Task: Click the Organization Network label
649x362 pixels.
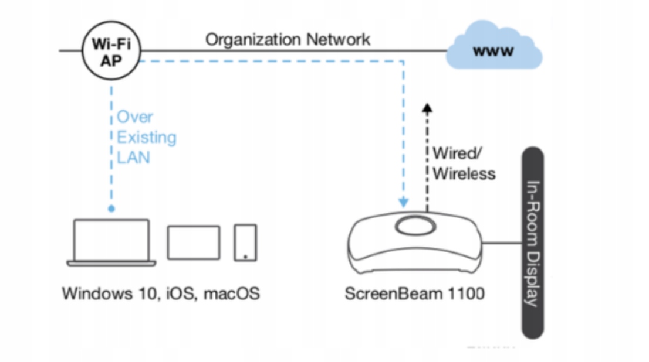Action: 288,40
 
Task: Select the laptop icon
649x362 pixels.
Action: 111,243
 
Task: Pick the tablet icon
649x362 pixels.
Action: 194,243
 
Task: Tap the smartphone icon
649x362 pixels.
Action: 245,242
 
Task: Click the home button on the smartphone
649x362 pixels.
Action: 245,256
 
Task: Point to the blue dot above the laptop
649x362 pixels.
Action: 111,208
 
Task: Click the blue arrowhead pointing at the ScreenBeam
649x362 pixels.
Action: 403,202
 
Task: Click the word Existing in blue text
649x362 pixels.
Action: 146,138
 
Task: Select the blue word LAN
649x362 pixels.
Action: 133,157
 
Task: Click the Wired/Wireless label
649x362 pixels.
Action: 464,163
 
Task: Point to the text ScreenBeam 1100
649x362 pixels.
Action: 414,293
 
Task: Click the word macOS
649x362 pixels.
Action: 231,293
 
